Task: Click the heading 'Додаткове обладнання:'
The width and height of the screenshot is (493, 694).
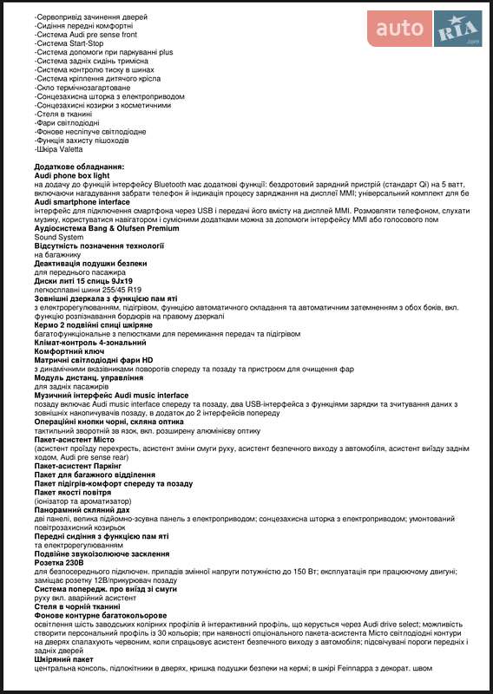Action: [80, 166]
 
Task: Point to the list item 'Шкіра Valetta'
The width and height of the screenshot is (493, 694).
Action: [60, 148]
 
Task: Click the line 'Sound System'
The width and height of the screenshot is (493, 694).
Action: [59, 237]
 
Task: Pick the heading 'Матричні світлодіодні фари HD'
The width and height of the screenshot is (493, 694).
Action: [94, 360]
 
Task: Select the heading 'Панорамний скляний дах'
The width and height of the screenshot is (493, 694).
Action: [82, 510]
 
